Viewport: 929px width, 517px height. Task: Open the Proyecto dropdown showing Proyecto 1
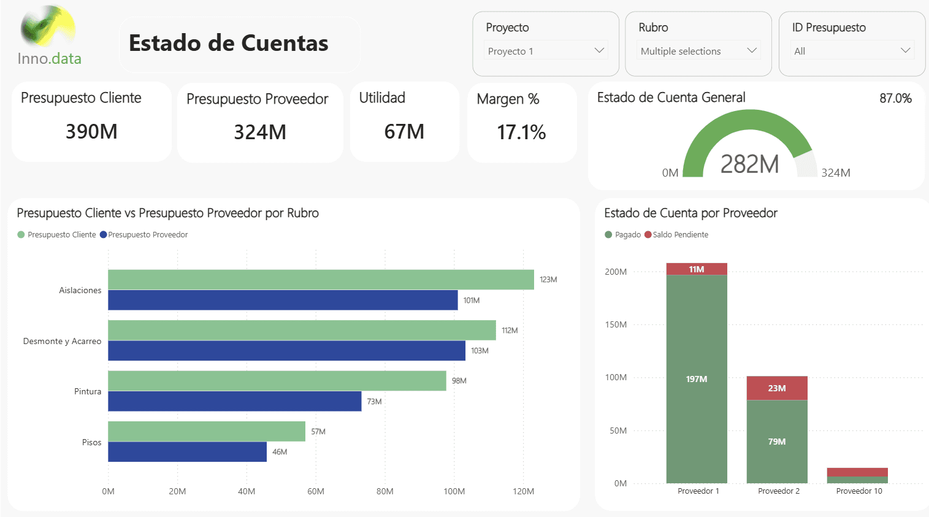coord(546,51)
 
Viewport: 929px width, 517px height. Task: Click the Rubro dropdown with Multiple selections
coord(698,51)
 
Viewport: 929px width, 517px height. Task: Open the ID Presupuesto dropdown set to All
coord(852,51)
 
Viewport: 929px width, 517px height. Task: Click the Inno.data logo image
coord(48,28)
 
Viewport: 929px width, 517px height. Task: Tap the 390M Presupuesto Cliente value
coord(91,131)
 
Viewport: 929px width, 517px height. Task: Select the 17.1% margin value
coord(521,132)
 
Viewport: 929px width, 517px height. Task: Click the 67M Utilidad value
coord(404,131)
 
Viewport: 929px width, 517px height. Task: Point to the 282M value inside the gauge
coord(749,164)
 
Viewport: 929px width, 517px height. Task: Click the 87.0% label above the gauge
coord(895,98)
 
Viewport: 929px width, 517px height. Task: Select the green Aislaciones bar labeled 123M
coord(321,280)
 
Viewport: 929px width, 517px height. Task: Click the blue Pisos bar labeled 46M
coord(187,452)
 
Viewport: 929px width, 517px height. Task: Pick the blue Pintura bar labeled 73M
coord(235,401)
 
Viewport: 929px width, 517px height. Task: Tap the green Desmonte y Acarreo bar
coord(302,330)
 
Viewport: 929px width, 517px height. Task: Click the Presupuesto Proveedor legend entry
coord(144,235)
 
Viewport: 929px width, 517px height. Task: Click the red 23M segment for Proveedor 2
coord(777,388)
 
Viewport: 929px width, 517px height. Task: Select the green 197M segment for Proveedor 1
coord(697,379)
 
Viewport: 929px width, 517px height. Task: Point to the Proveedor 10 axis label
coord(859,491)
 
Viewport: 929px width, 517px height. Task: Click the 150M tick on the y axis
coord(616,324)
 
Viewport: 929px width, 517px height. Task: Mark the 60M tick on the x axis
coord(316,491)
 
